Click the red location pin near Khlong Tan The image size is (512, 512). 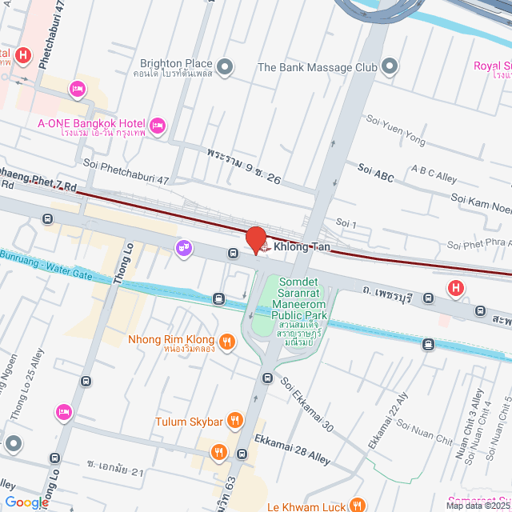(x=255, y=239)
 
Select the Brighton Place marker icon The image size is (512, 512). (x=226, y=65)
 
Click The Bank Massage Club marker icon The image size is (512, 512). (x=390, y=66)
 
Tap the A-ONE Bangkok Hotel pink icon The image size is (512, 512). (x=158, y=124)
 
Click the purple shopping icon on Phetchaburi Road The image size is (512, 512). (x=184, y=248)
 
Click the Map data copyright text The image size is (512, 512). (x=478, y=506)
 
